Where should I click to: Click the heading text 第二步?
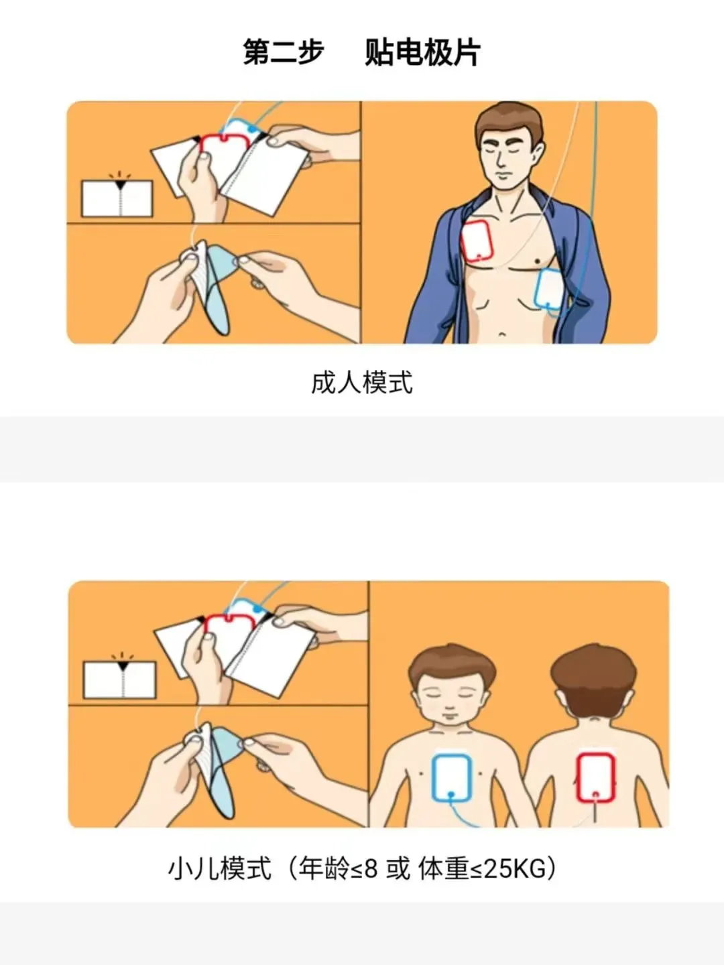click(x=284, y=52)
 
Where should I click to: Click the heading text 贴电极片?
click(x=422, y=52)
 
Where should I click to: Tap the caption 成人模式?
click(x=362, y=382)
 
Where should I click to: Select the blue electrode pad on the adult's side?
click(x=549, y=290)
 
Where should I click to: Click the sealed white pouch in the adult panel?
click(x=117, y=198)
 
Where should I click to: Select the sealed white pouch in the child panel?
click(x=119, y=680)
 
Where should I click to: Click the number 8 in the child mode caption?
click(x=371, y=868)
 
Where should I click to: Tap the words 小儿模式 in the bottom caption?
click(x=219, y=868)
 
